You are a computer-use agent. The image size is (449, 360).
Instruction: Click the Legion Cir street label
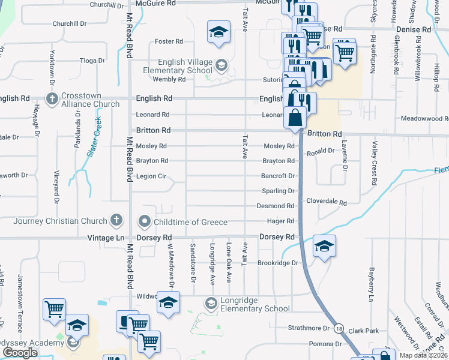click(x=150, y=176)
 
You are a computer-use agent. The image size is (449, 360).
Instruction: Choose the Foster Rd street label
click(x=169, y=41)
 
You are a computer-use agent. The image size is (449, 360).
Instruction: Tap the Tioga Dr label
click(x=93, y=61)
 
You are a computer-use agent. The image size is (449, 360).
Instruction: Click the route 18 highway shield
click(x=339, y=329)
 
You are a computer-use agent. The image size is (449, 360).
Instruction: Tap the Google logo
click(x=20, y=353)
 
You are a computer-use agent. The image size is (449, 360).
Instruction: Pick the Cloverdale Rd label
click(x=327, y=203)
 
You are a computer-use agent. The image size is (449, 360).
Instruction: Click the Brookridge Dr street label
click(x=278, y=263)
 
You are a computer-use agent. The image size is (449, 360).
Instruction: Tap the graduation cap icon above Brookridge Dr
click(x=324, y=247)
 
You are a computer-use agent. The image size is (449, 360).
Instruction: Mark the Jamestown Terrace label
click(x=20, y=304)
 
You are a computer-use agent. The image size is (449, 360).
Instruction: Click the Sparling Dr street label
click(x=278, y=191)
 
